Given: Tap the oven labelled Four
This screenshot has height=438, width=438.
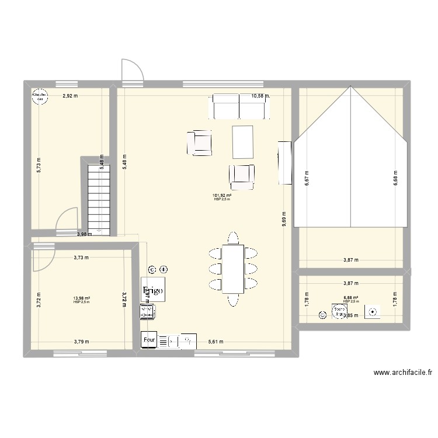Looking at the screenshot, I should (148, 339).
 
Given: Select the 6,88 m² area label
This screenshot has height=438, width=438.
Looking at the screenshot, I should (351, 298).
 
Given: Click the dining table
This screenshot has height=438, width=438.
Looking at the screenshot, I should (232, 269).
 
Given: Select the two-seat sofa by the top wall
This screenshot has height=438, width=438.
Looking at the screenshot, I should (239, 106).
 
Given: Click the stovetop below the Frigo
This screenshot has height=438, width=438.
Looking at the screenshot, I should (148, 312).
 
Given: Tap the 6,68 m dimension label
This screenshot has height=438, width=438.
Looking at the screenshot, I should (396, 176).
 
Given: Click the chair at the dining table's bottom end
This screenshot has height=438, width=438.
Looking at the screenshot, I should (232, 300).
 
